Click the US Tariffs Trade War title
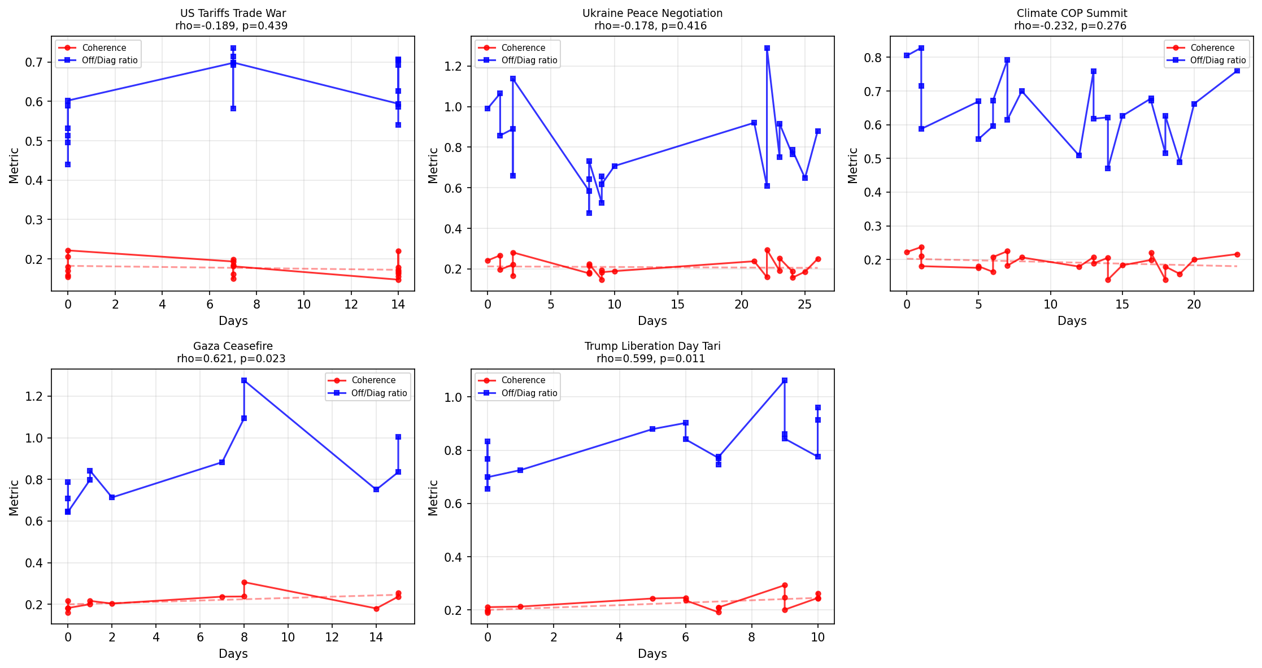click(x=233, y=13)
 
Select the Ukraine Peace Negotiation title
click(x=652, y=13)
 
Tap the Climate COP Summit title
click(x=1072, y=13)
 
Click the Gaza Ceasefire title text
click(x=233, y=346)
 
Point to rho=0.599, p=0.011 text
click(x=652, y=358)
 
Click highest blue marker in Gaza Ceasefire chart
click(x=244, y=380)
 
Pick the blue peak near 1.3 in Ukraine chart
click(x=767, y=48)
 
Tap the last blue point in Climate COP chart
click(x=1237, y=71)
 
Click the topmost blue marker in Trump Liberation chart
click(x=784, y=380)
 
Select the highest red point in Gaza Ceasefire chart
click(x=244, y=582)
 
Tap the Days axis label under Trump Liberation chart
click(x=652, y=654)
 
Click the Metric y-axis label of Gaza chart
click(x=14, y=497)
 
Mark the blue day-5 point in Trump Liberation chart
click(x=652, y=429)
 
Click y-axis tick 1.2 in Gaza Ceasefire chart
click(x=36, y=396)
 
